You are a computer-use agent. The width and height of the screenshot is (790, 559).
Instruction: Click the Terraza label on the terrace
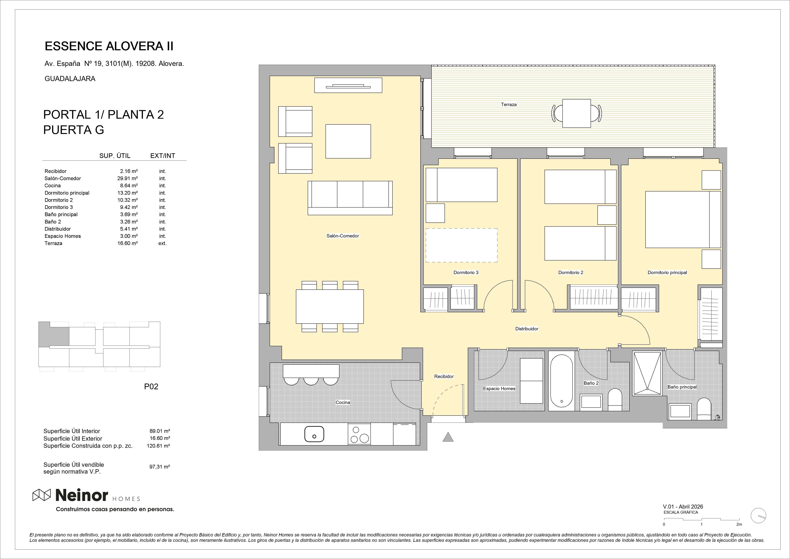[509, 104]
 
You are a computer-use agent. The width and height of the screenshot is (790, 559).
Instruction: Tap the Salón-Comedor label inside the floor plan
[343, 236]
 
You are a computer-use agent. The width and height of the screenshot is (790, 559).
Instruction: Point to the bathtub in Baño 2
[562, 381]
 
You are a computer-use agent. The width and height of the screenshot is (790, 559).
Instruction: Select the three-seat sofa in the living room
[350, 198]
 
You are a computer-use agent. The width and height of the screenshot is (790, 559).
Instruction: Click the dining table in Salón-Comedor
[330, 307]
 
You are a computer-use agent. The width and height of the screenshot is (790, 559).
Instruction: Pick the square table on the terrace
[577, 113]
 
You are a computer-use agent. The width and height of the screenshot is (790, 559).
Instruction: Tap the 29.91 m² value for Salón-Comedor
[127, 178]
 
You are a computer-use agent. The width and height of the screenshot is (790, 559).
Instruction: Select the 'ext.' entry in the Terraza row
[162, 243]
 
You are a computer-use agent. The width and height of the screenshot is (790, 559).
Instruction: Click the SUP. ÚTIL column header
[115, 156]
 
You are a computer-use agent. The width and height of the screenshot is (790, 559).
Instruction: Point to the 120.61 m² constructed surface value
[158, 446]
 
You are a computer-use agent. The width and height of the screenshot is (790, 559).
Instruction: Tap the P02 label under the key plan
[151, 386]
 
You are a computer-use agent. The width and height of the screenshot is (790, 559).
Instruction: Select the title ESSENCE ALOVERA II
[109, 46]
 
